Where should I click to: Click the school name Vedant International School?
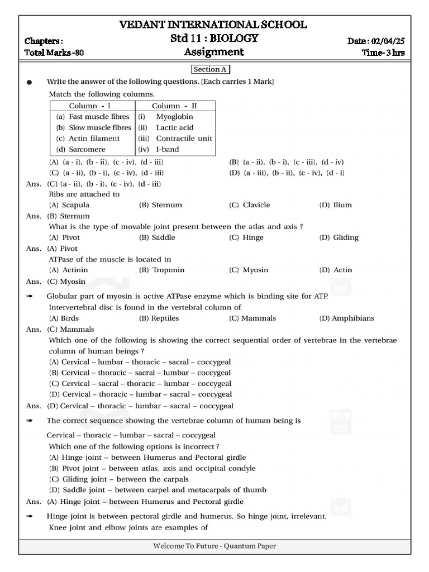pyautogui.click(x=214, y=25)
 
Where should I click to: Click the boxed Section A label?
pyautogui.click(x=211, y=69)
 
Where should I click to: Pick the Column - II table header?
pyautogui.click(x=175, y=106)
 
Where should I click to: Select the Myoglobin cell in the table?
pyautogui.click(x=174, y=117)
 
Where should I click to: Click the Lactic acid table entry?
pyautogui.click(x=174, y=127)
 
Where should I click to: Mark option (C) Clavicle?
pyautogui.click(x=249, y=205)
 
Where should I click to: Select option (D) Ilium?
pyautogui.click(x=335, y=205)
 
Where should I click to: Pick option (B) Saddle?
pyautogui.click(x=156, y=237)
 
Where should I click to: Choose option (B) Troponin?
pyautogui.click(x=161, y=270)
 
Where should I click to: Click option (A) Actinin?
pyautogui.click(x=69, y=270)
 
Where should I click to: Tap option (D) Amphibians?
pyautogui.click(x=346, y=318)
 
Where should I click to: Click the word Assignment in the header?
pyautogui.click(x=214, y=53)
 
